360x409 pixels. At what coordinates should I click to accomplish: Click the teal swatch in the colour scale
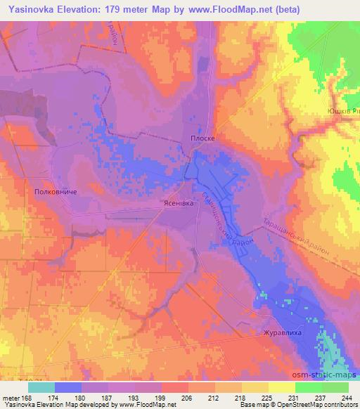tap(41, 387)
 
